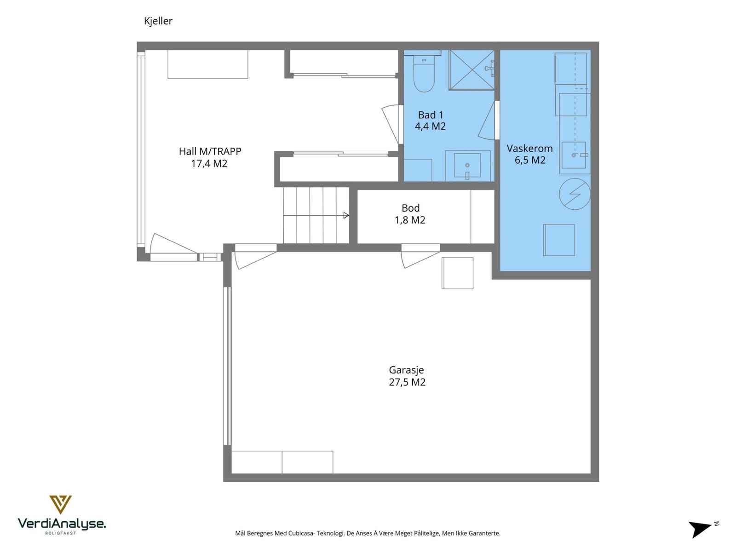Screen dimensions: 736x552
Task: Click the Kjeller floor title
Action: (x=158, y=21)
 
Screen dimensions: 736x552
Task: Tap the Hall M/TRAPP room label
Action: (x=210, y=151)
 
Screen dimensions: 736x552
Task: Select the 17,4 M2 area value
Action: (x=209, y=164)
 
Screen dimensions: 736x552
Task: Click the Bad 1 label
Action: (x=431, y=115)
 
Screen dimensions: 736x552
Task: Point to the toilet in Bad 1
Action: (x=424, y=74)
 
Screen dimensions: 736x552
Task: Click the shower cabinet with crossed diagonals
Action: (x=471, y=70)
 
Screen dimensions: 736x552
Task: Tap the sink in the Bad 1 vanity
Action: (x=467, y=165)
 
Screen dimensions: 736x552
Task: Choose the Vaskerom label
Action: (x=529, y=149)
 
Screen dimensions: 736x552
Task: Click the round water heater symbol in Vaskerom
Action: (x=575, y=194)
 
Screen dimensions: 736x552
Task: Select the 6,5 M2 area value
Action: (x=530, y=160)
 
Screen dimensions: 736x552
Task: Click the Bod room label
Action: (x=410, y=208)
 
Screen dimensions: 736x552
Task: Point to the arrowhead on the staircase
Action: (x=346, y=215)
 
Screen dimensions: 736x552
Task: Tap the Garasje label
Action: (x=406, y=370)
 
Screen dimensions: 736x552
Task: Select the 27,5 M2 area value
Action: (x=407, y=382)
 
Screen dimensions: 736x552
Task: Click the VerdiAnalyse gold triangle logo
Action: (x=60, y=505)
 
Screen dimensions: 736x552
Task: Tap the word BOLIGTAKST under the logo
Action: (x=61, y=533)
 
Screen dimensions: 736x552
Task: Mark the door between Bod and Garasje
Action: (x=420, y=256)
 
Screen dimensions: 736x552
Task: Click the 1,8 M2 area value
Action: (x=410, y=220)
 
